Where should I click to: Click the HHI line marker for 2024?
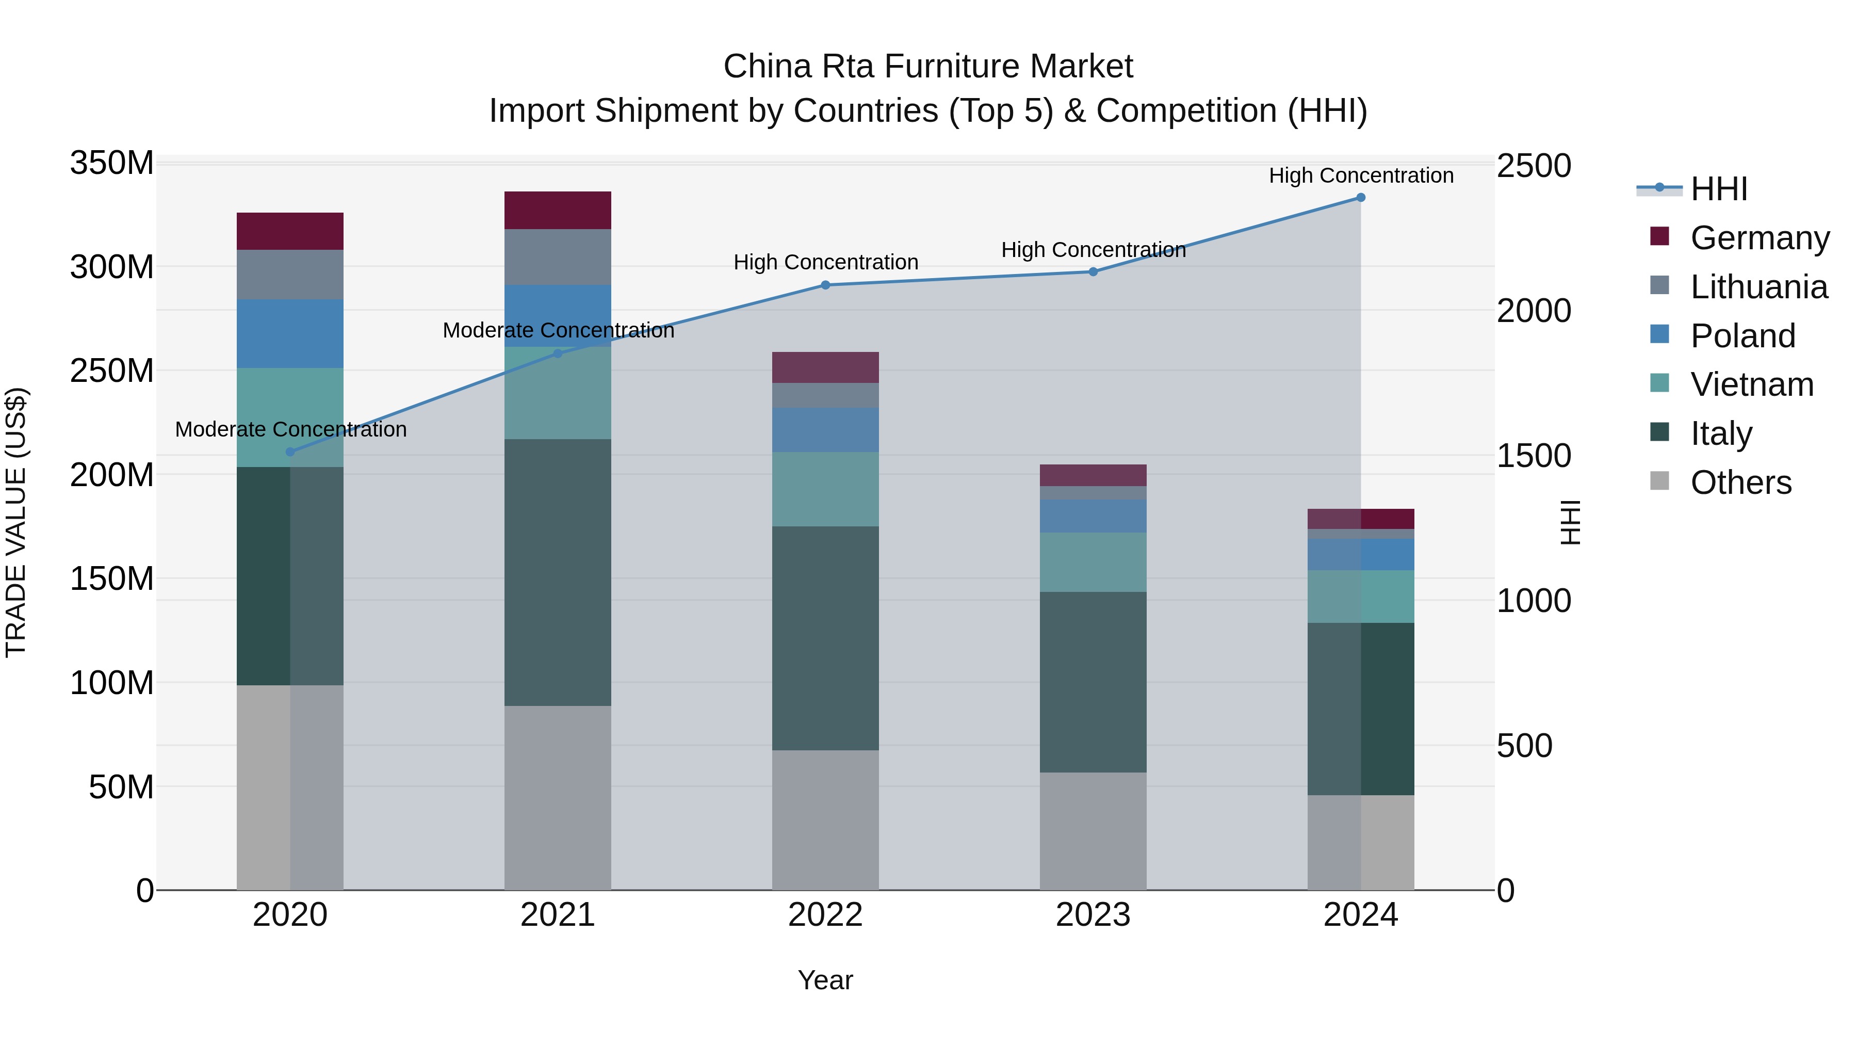click(x=1360, y=198)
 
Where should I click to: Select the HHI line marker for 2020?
click(x=290, y=452)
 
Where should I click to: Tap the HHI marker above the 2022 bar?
click(x=825, y=285)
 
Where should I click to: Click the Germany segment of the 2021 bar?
click(x=557, y=211)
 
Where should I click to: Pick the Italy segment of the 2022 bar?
click(x=825, y=638)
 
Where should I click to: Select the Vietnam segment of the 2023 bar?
click(x=1093, y=562)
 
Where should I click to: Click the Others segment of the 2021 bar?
click(x=557, y=798)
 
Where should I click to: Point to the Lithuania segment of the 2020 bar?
click(x=290, y=275)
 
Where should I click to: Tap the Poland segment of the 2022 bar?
click(x=825, y=430)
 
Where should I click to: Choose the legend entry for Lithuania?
click(x=1758, y=287)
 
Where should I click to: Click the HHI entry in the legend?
click(x=1719, y=189)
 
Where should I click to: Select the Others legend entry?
click(x=1740, y=483)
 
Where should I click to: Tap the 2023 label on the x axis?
click(x=1093, y=915)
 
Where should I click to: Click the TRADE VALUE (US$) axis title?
click(x=16, y=522)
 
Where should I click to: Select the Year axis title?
click(x=825, y=980)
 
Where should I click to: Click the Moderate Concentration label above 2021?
click(x=558, y=330)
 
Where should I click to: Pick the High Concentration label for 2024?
click(x=1360, y=175)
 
